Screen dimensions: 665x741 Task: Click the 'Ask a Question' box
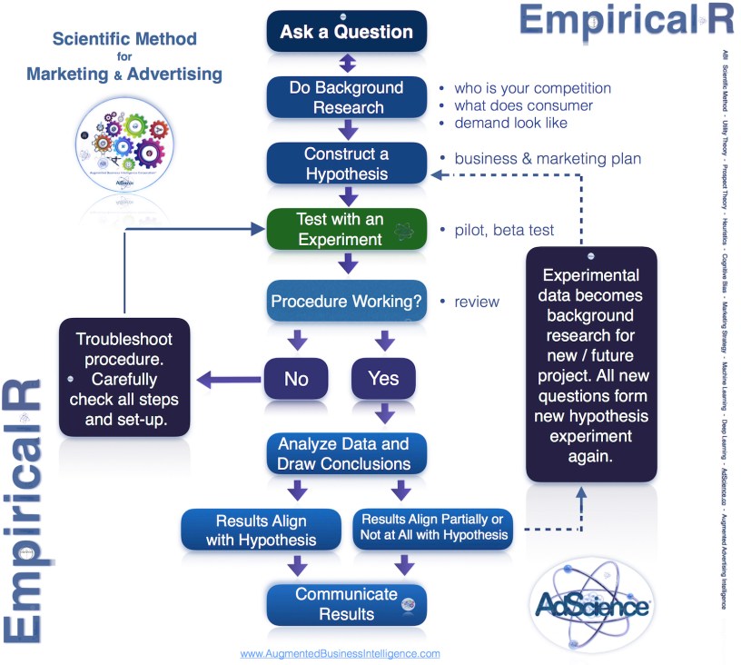tap(346, 32)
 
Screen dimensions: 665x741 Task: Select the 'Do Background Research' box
tap(346, 97)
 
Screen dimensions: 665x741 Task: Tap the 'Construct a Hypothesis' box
tap(346, 164)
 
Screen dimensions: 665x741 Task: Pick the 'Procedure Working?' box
tap(346, 301)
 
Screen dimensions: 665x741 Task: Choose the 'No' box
tap(296, 378)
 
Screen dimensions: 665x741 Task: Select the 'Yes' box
tap(383, 378)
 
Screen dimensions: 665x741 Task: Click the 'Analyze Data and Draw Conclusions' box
tap(346, 454)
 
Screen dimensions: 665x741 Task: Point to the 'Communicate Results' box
tap(346, 604)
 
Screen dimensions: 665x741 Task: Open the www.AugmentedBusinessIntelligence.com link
tap(340, 653)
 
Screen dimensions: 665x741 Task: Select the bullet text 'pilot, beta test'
tap(504, 230)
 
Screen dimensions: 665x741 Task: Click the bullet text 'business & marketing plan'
tap(548, 158)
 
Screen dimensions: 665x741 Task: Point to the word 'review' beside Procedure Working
tap(477, 301)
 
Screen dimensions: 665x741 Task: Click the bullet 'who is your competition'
tap(532, 88)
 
